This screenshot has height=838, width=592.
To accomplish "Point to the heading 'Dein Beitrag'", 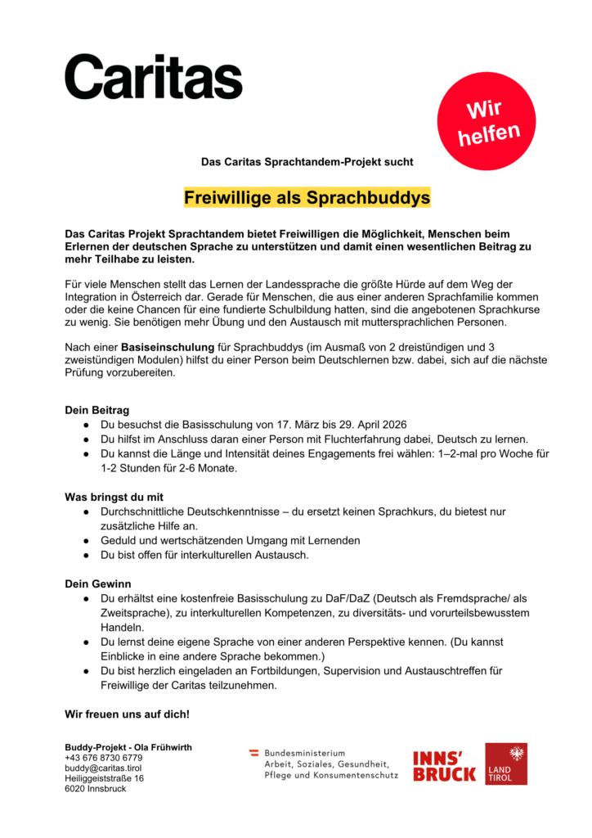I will [96, 409].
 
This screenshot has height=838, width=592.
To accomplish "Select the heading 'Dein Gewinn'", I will [97, 583].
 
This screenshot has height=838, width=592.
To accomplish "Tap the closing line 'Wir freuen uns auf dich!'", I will [127, 714].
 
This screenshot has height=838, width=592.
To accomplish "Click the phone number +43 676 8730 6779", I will [103, 758].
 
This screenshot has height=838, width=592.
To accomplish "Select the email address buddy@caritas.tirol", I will [103, 768].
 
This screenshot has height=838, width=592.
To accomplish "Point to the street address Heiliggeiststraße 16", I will [104, 778].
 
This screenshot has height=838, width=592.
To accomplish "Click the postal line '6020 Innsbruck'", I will [96, 789].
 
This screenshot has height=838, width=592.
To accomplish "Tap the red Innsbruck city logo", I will [444, 765].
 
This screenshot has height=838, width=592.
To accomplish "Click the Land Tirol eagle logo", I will [505, 764].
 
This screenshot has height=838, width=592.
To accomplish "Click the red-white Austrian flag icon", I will [253, 752].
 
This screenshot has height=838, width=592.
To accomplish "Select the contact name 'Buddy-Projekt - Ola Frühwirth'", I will [128, 747].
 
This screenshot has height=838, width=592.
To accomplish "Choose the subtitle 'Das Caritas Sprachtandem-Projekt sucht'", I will [307, 162].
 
